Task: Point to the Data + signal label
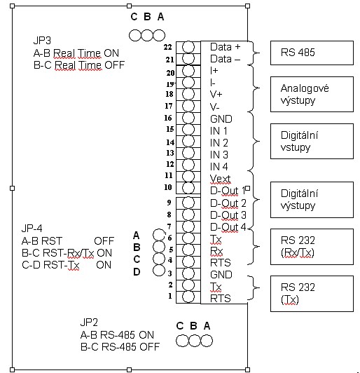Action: (x=226, y=47)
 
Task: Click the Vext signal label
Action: (x=221, y=179)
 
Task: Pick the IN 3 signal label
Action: (x=219, y=155)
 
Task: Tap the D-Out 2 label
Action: (x=228, y=203)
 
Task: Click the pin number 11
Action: (x=169, y=175)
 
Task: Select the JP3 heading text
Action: (x=42, y=41)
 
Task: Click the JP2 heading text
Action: (x=89, y=323)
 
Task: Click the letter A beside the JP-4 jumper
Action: (x=136, y=236)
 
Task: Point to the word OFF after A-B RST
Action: (x=104, y=241)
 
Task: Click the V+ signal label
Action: (x=216, y=95)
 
